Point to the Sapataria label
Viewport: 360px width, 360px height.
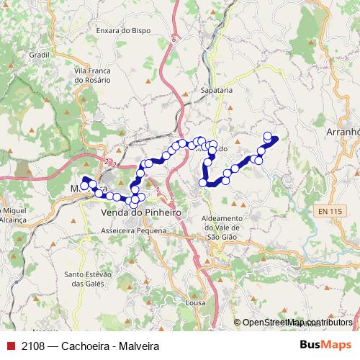click(x=217, y=91)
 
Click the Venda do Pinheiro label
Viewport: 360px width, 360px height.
click(x=140, y=214)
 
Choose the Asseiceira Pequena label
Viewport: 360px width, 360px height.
click(x=134, y=230)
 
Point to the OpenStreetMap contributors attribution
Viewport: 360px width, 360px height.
click(x=297, y=323)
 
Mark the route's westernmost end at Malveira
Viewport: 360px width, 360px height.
click(x=84, y=186)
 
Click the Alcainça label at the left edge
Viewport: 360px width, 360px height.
click(x=12, y=219)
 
